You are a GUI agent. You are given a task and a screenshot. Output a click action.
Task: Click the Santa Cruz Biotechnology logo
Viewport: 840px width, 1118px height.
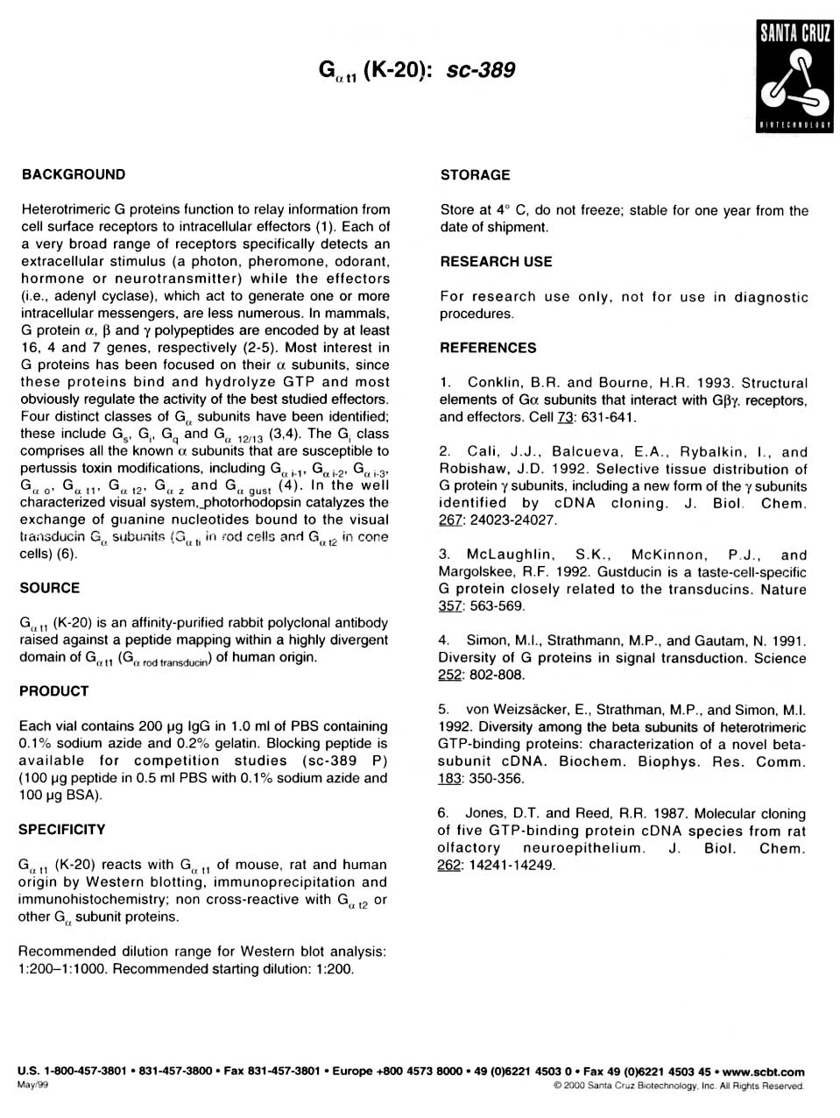pos(794,78)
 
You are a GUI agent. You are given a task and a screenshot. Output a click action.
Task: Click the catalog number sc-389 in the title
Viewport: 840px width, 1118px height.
pos(481,71)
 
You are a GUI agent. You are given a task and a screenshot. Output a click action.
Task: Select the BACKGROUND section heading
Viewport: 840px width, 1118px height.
pos(74,174)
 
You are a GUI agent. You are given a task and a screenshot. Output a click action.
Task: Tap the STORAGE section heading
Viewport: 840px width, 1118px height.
pos(475,175)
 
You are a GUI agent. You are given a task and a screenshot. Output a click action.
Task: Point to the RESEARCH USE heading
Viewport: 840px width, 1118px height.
pos(496,262)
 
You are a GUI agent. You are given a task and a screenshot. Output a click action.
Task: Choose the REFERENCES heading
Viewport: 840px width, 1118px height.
pos(488,348)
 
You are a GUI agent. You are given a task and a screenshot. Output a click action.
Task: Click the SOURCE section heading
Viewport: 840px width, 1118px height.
pos(49,588)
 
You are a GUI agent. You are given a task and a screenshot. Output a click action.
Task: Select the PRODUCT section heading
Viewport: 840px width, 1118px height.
pos(53,691)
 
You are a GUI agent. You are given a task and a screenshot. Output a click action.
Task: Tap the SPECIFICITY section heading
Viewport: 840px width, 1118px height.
pos(61,830)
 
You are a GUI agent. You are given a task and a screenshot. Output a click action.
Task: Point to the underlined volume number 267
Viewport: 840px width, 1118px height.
pos(450,520)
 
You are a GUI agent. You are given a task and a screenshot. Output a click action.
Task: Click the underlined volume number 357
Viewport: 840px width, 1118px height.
pos(450,606)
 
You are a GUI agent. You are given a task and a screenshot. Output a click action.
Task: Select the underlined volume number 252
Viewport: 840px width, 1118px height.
pos(450,676)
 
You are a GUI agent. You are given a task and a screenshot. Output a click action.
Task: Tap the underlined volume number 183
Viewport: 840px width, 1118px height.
pos(450,779)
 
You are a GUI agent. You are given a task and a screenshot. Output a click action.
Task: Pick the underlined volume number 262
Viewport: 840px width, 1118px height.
pos(449,866)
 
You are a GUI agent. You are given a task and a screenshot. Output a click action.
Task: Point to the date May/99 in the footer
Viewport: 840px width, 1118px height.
pos(32,1085)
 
